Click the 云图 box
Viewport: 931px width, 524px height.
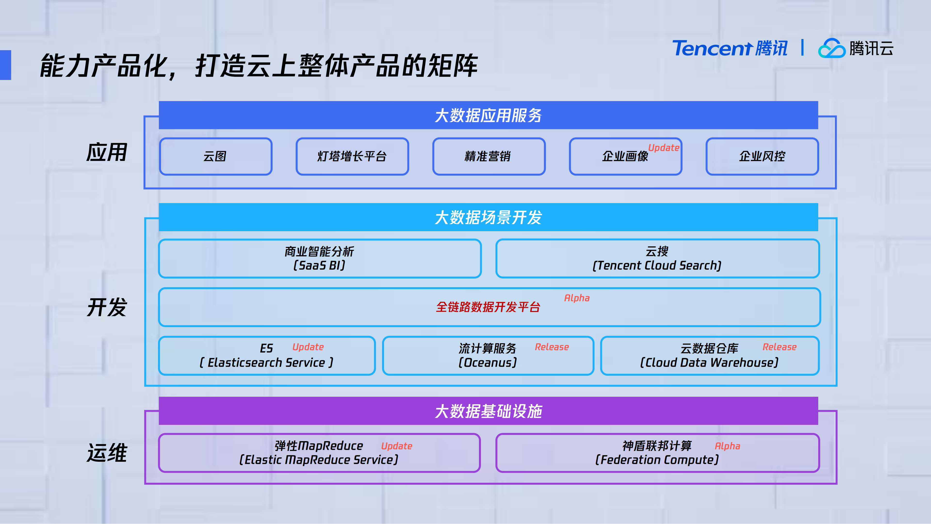215,156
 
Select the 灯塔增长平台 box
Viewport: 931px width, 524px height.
352,156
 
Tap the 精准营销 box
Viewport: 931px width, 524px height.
489,156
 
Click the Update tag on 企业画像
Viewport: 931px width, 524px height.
664,148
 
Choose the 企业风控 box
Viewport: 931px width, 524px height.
762,156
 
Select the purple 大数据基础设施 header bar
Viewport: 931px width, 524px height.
488,411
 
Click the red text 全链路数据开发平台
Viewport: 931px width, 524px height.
488,307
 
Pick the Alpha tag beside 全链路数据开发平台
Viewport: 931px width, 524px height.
577,298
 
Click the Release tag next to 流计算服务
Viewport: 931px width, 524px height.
551,347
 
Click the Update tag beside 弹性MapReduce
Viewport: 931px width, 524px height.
397,446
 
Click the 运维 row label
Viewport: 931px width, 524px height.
107,453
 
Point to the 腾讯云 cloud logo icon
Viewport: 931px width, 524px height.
831,48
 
